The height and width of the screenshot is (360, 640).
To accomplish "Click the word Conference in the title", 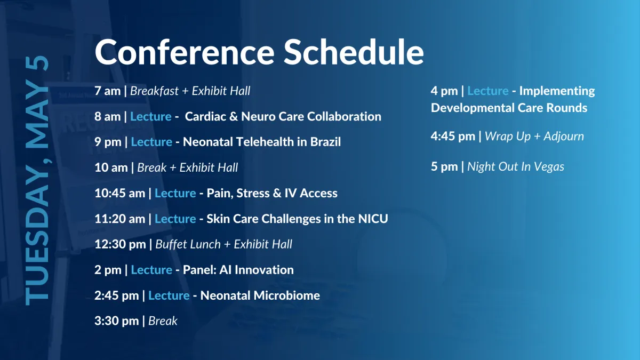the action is click(185, 52).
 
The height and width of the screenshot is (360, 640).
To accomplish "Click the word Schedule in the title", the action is click(354, 52).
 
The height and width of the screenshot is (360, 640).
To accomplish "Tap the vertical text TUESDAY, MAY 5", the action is click(37, 181).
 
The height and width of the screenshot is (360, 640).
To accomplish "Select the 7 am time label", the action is click(107, 91).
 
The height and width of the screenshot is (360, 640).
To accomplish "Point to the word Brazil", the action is click(325, 142).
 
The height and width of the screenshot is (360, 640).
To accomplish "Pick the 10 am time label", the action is click(111, 167).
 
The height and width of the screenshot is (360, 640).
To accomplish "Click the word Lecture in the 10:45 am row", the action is click(175, 194).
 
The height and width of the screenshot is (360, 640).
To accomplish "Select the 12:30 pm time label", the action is click(120, 245).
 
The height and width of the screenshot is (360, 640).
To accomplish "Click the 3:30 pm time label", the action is click(117, 321).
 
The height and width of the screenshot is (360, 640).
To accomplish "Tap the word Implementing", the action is click(557, 91).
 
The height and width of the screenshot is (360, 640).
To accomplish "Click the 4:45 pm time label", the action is click(453, 137).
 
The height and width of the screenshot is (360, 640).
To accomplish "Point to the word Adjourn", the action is click(564, 137).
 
